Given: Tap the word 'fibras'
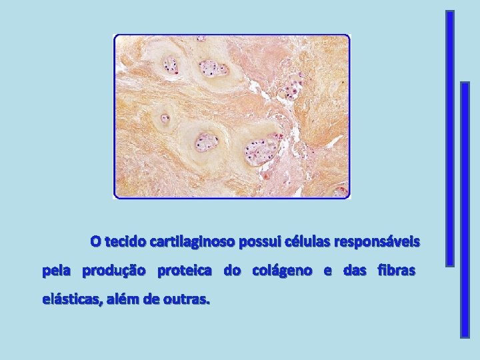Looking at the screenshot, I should (396, 271).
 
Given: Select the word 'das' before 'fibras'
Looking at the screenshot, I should (354, 271).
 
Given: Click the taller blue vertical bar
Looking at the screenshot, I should (450, 138).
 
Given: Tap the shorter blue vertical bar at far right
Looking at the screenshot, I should (465, 209).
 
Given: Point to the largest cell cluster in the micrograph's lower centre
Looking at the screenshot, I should (260, 151).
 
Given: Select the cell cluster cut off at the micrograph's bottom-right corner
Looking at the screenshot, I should (341, 192).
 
